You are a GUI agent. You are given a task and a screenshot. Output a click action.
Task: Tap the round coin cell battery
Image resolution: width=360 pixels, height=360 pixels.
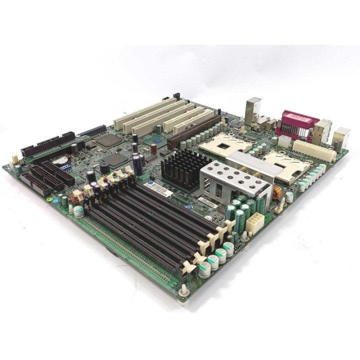60,161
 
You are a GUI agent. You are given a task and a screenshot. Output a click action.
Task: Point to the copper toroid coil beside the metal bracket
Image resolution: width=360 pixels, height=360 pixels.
276,192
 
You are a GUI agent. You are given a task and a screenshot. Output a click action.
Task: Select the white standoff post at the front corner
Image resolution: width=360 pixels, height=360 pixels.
184,289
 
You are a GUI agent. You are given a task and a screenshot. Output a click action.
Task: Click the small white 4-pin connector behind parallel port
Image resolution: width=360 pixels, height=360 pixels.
285,141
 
